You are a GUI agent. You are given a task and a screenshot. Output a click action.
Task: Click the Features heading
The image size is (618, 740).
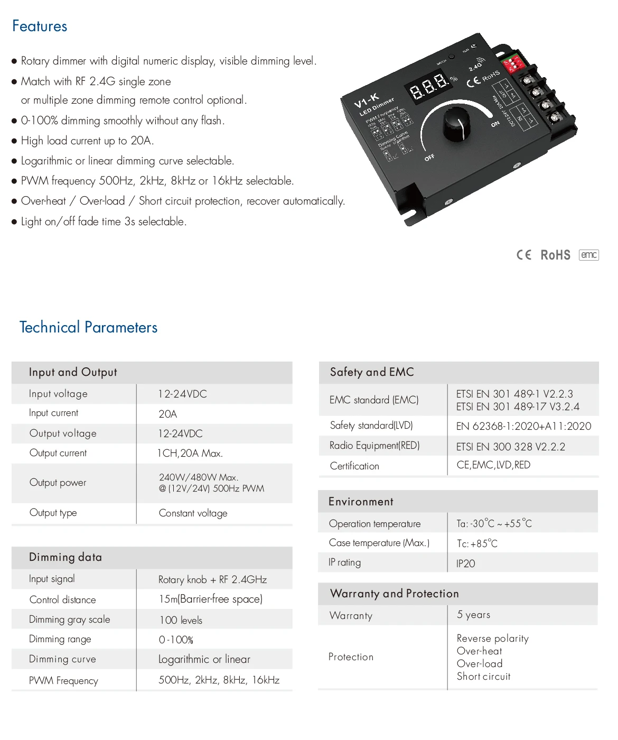(x=40, y=26)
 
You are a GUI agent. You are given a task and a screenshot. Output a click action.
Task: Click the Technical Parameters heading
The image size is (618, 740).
(x=88, y=327)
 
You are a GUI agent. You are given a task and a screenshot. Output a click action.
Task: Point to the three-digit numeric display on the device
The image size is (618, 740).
(x=428, y=87)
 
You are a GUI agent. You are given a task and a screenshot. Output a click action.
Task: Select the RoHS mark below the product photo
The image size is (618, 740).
(x=555, y=255)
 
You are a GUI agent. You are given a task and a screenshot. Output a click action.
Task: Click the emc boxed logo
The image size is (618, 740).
(x=588, y=255)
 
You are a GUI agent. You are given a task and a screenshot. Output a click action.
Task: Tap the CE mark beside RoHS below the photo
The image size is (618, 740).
(x=523, y=255)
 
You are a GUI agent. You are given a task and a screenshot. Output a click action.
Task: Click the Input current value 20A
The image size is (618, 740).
(x=168, y=414)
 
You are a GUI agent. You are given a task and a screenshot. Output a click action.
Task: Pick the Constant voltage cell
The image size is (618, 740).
(x=193, y=513)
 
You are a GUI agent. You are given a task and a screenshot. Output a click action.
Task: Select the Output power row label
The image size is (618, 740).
(x=58, y=483)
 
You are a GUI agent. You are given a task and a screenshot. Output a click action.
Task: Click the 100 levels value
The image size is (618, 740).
(x=181, y=620)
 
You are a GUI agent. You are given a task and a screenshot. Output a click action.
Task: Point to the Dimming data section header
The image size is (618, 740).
(x=65, y=557)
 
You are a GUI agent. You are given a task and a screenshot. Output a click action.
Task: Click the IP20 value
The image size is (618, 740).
(x=465, y=563)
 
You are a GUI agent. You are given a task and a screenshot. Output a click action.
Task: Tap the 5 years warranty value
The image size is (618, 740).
(x=473, y=615)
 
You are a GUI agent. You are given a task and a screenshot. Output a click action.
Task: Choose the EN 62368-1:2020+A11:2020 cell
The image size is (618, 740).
(x=523, y=426)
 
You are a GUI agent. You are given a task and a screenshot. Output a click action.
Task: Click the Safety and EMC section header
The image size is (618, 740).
(x=372, y=372)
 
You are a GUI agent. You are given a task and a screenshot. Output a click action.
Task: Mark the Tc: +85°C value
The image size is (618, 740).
(x=477, y=543)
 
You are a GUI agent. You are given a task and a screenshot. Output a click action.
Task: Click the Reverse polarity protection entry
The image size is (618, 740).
(x=492, y=639)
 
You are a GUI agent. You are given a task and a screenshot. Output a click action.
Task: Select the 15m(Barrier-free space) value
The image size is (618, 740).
(x=211, y=599)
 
